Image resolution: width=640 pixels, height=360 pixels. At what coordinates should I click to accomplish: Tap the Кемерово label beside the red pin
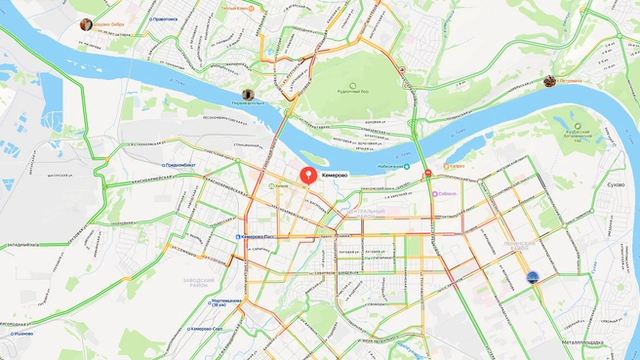pyautogui.click(x=335, y=176)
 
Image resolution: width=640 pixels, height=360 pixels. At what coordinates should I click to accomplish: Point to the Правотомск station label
pyautogui.click(x=165, y=18)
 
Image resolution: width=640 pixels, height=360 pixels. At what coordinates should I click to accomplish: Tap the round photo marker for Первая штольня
pyautogui.click(x=248, y=95)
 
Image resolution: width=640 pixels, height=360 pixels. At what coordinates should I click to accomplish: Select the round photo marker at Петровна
pyautogui.click(x=549, y=81)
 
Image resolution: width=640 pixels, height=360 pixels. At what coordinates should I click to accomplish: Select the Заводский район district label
pyautogui.click(x=198, y=282)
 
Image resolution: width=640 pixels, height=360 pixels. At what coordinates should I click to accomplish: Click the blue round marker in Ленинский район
pyautogui.click(x=533, y=278)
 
